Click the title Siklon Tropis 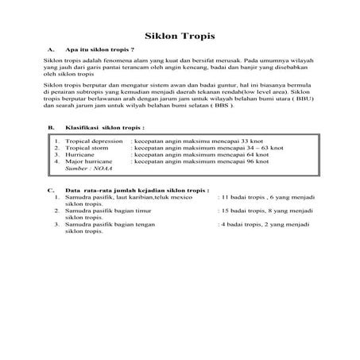tap(180, 37)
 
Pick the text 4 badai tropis tap(244, 225)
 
